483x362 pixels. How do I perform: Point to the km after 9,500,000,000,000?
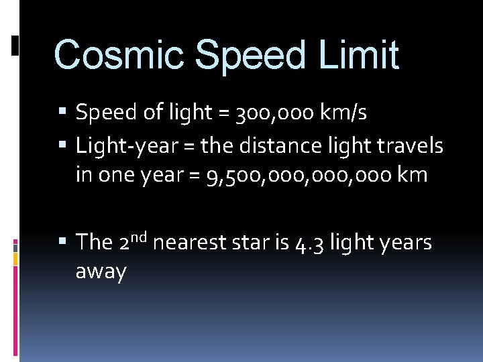point(412,175)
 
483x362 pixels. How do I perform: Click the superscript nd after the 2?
point(139,235)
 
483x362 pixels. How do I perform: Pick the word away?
point(101,273)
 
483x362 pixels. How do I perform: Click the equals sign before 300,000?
point(223,114)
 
